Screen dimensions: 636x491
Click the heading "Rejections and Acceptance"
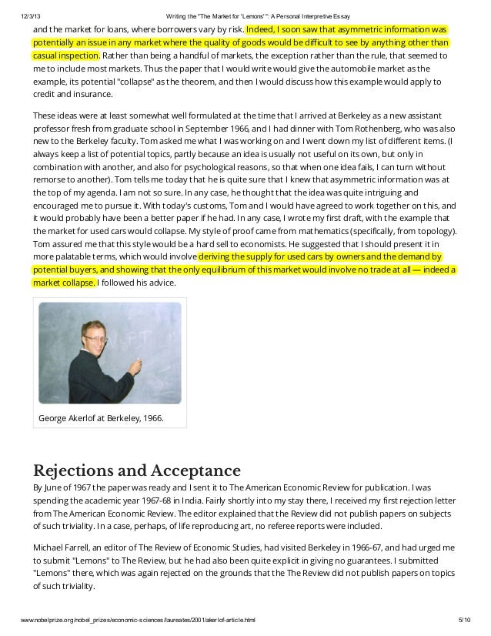pyautogui.click(x=137, y=470)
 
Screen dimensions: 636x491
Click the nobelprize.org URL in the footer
pyautogui.click(x=139, y=621)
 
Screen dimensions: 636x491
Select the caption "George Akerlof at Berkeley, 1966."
pyautogui.click(x=101, y=418)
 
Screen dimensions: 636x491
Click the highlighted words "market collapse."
pyautogui.click(x=64, y=283)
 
